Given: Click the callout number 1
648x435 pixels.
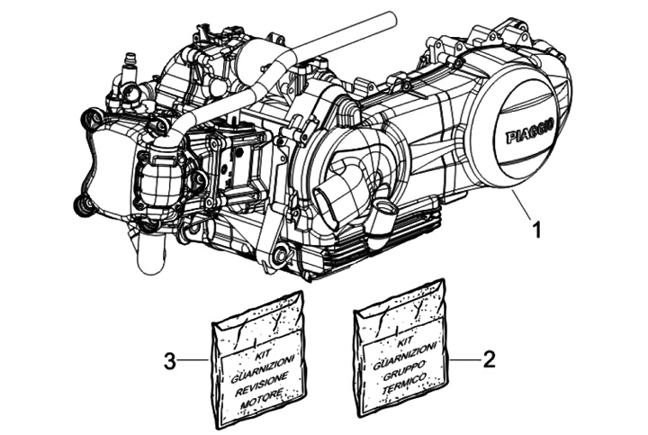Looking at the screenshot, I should click(x=536, y=229).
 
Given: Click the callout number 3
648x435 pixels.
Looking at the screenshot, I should click(x=169, y=362).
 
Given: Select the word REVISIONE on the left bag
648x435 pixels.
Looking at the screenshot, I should click(x=260, y=378).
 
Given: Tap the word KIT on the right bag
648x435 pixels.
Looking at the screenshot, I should click(x=401, y=343).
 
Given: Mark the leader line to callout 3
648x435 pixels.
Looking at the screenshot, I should click(x=195, y=362).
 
